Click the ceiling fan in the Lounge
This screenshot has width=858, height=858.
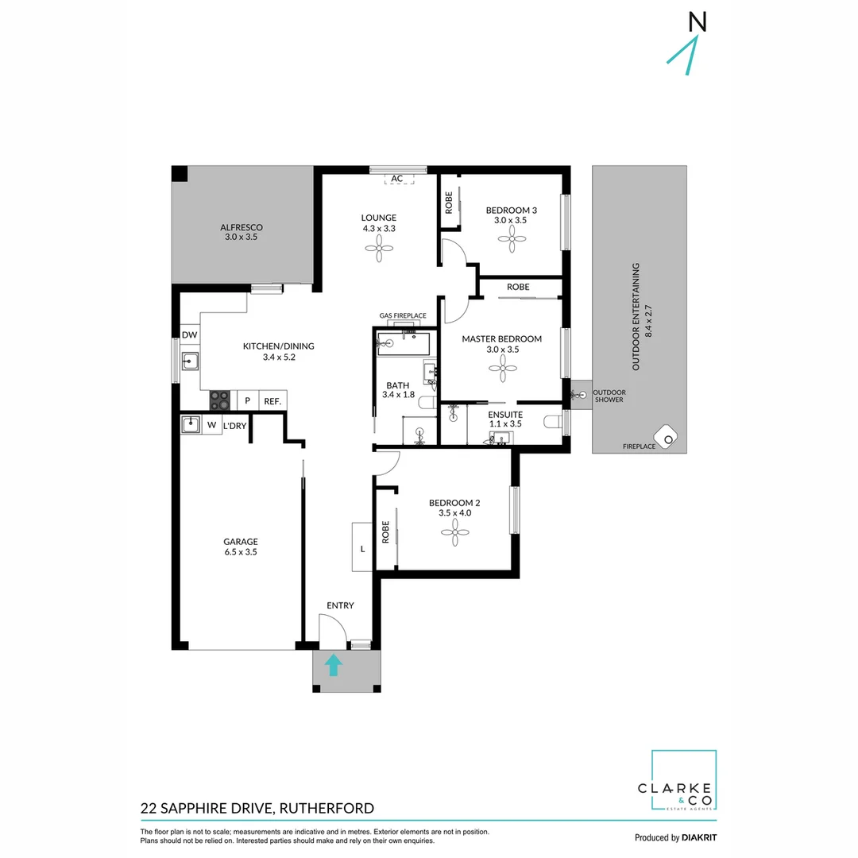[379, 249]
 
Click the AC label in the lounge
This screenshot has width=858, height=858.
[397, 179]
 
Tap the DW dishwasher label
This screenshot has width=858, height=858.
[189, 335]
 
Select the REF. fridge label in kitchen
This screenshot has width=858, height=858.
[273, 401]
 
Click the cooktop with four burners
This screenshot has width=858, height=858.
[220, 400]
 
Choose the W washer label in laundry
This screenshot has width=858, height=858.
[212, 426]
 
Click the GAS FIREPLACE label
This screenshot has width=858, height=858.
[402, 316]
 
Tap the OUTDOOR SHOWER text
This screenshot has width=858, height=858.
[609, 396]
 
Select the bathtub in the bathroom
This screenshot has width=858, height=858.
[404, 344]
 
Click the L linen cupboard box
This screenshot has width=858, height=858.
[362, 547]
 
